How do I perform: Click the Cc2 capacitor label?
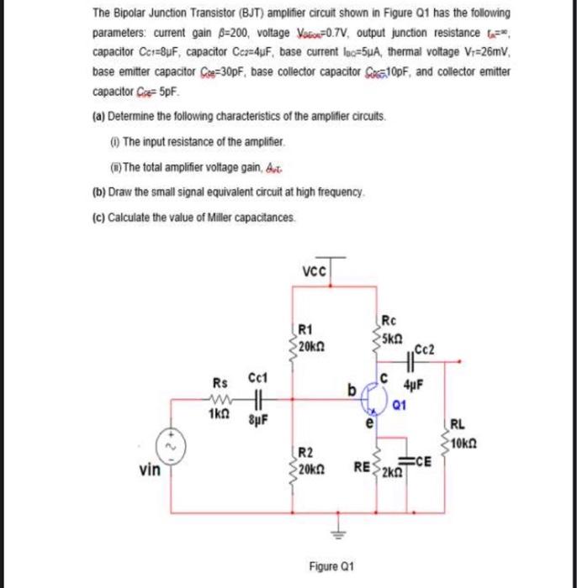coord(426,349)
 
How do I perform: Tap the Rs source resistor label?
coord(218,381)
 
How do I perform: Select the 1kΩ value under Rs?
coord(217,415)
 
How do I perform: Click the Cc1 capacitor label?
coord(257,381)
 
